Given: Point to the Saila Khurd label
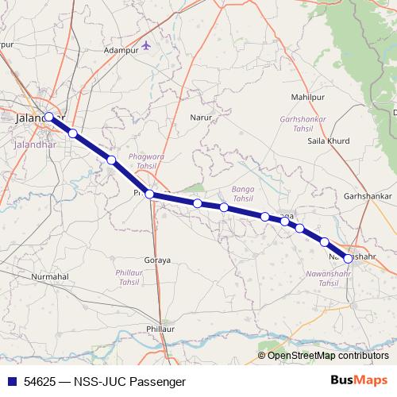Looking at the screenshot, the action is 328,141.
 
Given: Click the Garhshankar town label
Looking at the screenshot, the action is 368,195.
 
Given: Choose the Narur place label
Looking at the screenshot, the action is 201,118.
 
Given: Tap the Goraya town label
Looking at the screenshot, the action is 158,260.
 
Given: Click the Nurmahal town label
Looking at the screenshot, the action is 50,276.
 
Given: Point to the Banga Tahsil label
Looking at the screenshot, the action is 241,194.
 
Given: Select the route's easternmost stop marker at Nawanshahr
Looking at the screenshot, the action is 348,258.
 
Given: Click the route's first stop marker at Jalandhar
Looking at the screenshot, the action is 49,117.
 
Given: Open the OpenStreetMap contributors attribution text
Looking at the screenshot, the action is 328,356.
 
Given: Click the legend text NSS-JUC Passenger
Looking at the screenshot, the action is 123,381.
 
